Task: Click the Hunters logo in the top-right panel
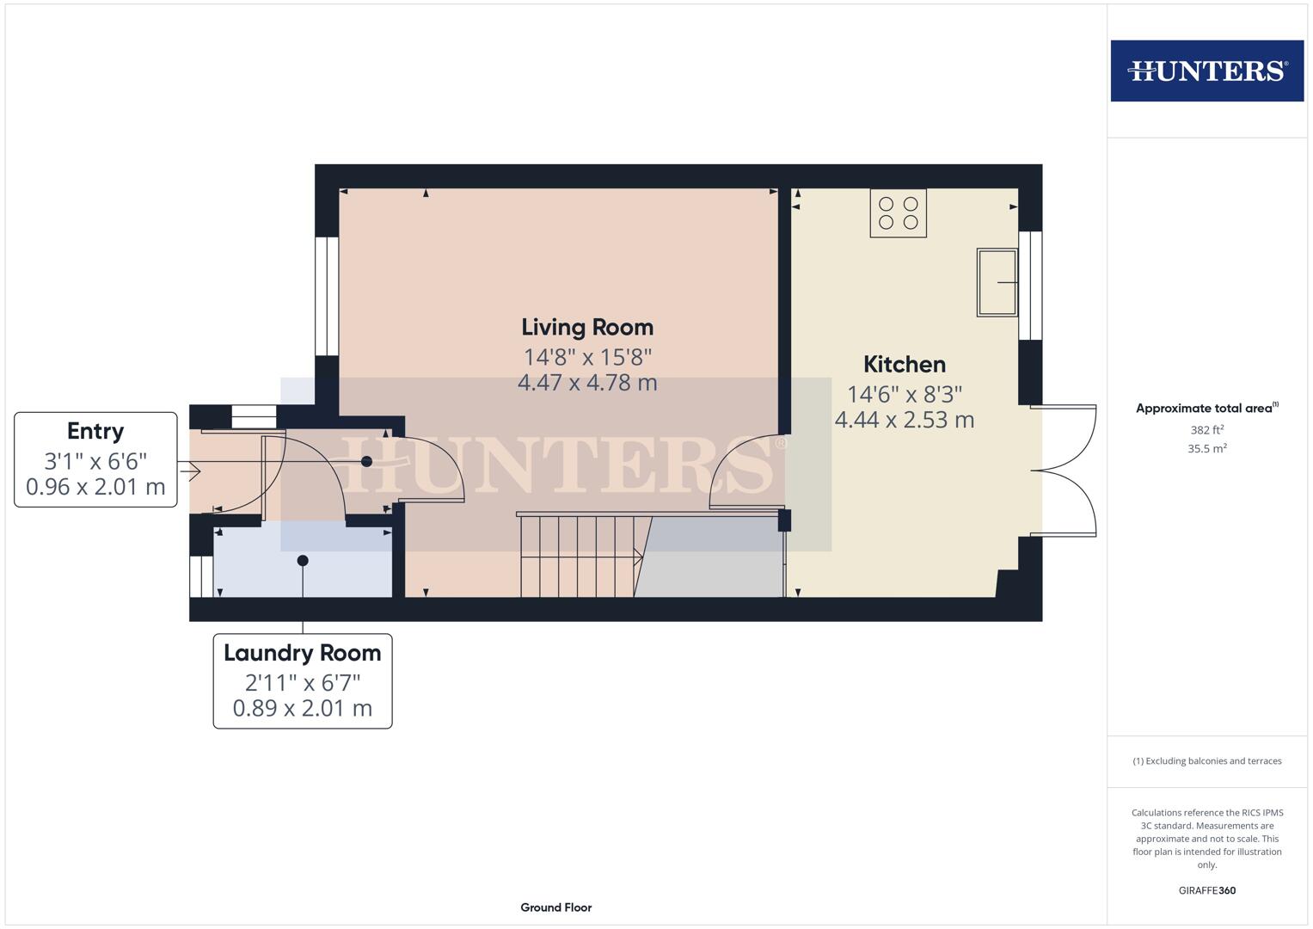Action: (1206, 71)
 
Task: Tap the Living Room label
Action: (587, 327)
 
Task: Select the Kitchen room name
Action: (904, 364)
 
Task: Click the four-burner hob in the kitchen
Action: (898, 213)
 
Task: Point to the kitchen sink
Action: (997, 282)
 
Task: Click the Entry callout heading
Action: (95, 431)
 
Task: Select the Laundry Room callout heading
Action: (302, 653)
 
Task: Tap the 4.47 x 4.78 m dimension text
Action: (587, 383)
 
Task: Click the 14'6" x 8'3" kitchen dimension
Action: (904, 394)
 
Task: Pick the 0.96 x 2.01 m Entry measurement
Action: (95, 487)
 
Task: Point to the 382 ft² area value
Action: (1206, 430)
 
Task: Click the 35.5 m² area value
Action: (1206, 448)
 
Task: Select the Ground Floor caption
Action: (555, 907)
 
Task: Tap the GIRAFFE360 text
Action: (1206, 890)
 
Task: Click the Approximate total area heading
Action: (1206, 409)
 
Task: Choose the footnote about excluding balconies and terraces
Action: (1206, 761)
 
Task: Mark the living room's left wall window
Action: (327, 296)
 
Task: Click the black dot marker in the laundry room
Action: (303, 561)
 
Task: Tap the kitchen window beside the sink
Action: (1030, 286)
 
